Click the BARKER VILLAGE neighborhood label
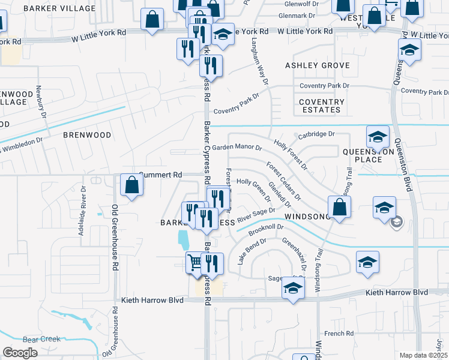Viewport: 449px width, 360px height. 59,9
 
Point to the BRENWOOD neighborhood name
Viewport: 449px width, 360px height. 87,135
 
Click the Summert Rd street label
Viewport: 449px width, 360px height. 160,175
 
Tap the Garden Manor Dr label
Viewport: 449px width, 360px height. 237,147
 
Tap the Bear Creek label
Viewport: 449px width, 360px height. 41,339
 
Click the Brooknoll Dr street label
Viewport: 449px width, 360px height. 265,229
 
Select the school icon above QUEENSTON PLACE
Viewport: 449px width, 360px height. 378,137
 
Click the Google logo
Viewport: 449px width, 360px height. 20,353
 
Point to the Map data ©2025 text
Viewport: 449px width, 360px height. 423,355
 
